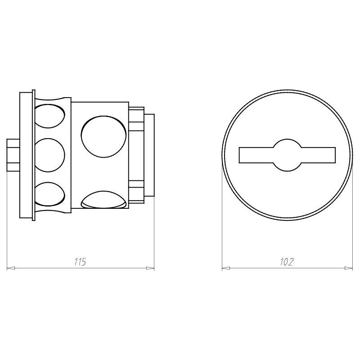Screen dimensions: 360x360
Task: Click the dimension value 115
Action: (80, 261)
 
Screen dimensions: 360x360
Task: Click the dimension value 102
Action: (287, 261)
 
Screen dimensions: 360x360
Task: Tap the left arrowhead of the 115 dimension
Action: (11, 268)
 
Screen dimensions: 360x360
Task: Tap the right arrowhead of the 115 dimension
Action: (150, 268)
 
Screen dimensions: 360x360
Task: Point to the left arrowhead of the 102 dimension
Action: (226, 268)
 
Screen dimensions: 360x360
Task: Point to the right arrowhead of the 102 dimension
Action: (348, 268)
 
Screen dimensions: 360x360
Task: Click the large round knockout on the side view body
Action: (104, 137)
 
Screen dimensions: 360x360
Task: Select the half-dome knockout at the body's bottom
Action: (104, 200)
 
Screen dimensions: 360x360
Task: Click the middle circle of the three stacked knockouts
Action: (49, 155)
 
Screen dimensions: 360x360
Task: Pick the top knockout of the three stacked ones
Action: (49, 116)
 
